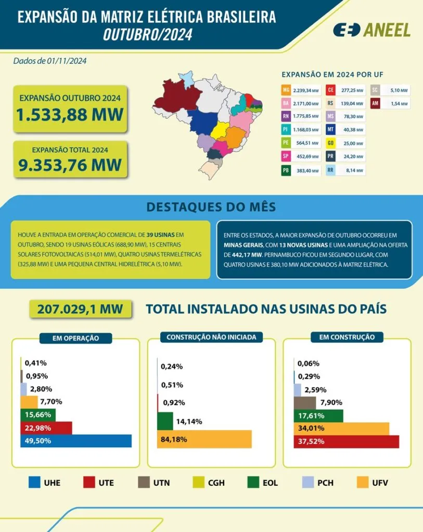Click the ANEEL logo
[371, 30]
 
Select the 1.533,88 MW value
[69, 114]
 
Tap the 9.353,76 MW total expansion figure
[69, 165]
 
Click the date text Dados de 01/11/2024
[50, 61]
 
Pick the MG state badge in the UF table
[286, 90]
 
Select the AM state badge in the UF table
[375, 103]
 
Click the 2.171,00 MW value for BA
[305, 103]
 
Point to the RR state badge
[330, 170]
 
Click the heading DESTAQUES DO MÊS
[211, 207]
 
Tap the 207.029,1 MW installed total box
[80, 309]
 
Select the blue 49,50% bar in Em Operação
[76, 441]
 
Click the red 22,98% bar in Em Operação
[46, 428]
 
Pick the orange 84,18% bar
[204, 439]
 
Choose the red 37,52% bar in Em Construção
[346, 442]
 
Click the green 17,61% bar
[318, 416]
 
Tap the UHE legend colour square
[35, 483]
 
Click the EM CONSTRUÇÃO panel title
[347, 337]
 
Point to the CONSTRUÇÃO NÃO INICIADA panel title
[211, 337]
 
